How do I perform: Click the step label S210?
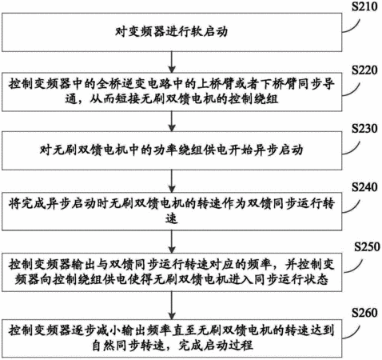click(364, 6)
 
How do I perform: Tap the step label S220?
click(364, 70)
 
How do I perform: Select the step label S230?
click(364, 129)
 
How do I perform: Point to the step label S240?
click(364, 187)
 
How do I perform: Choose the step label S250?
click(367, 246)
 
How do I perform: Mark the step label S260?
click(364, 313)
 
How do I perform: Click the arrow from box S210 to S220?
click(172, 62)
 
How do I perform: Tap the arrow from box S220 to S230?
click(172, 121)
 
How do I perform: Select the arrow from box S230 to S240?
click(172, 181)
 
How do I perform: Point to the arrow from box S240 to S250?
click(172, 242)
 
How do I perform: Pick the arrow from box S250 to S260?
click(172, 306)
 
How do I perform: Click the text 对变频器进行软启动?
click(171, 32)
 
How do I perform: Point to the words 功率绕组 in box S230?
click(177, 150)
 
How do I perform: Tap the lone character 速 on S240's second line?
click(171, 218)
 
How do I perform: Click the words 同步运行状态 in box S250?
click(291, 280)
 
